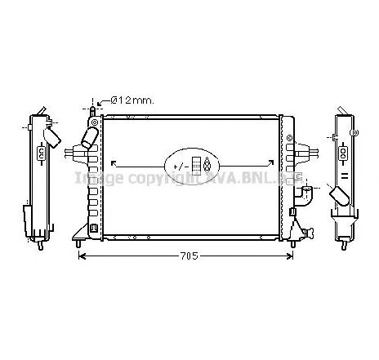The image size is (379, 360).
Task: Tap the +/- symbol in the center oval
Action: (x=179, y=166)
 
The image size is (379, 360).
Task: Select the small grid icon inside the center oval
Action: (x=196, y=164)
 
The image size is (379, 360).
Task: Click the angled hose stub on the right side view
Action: (x=338, y=197)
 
